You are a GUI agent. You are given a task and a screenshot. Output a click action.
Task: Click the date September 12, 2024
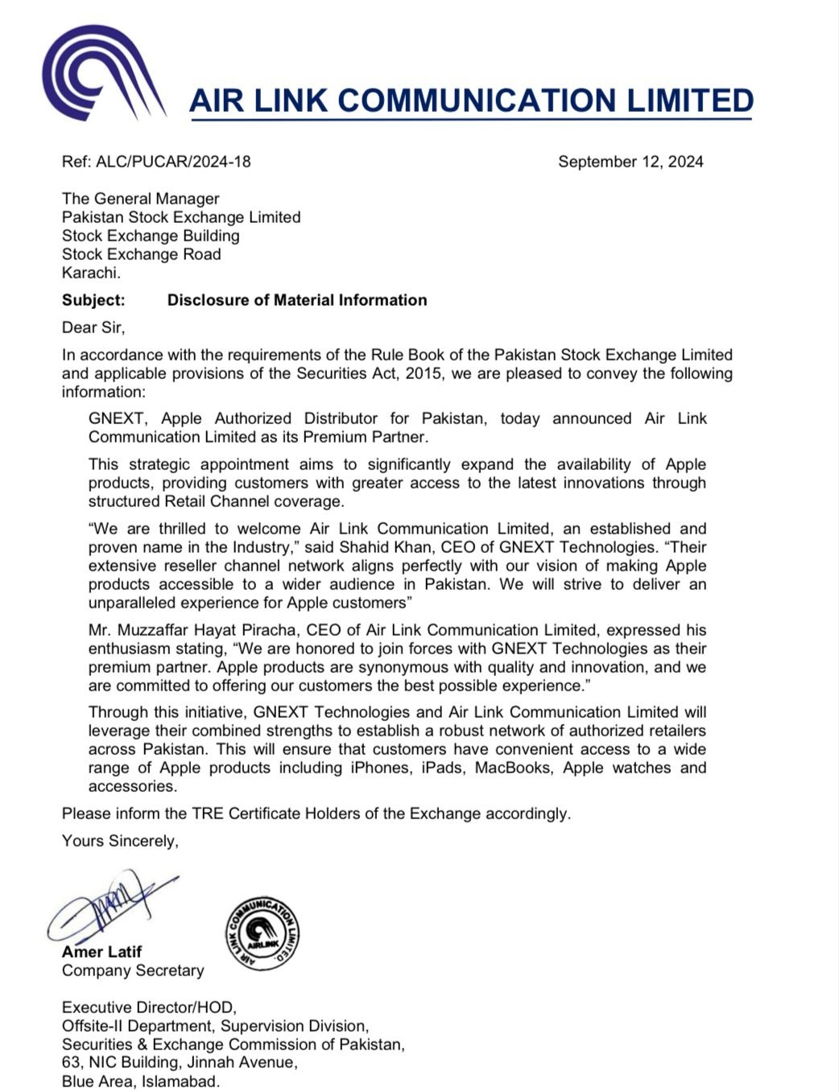tap(630, 162)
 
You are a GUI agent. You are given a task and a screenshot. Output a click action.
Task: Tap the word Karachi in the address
tap(90, 273)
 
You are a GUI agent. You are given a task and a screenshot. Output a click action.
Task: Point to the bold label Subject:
tap(93, 300)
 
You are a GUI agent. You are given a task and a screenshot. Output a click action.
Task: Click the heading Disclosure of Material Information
tap(297, 300)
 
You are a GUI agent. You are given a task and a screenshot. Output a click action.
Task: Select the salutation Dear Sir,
tap(93, 328)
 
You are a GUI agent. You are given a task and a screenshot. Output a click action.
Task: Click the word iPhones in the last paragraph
tap(382, 768)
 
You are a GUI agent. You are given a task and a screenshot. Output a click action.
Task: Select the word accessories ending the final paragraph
tap(131, 786)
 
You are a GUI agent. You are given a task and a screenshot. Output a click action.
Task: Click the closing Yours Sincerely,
tap(120, 841)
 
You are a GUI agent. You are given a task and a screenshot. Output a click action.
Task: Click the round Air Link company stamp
tap(262, 933)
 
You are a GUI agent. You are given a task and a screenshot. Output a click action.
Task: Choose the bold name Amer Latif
tap(101, 952)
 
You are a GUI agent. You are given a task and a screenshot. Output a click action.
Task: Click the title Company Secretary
tap(133, 970)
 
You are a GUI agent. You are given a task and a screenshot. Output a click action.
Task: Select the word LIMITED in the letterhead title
tap(690, 101)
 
